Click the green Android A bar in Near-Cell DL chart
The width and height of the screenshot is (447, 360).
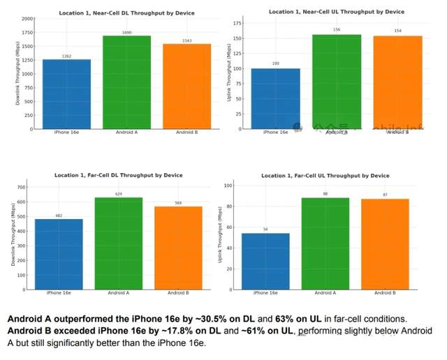(x=126, y=82)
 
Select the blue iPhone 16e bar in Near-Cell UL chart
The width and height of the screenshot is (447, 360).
(x=275, y=98)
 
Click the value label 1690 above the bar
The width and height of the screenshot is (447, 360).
(x=126, y=32)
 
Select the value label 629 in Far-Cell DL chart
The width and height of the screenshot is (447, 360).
(x=119, y=194)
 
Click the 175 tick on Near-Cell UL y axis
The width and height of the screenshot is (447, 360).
(x=237, y=23)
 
